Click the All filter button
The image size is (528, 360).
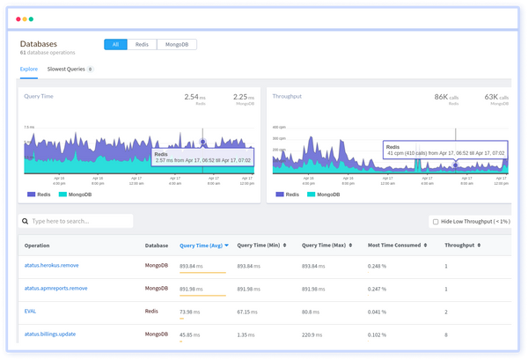click(x=115, y=44)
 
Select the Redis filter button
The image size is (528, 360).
click(x=142, y=44)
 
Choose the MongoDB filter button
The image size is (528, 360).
click(x=176, y=44)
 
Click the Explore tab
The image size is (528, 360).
click(x=30, y=69)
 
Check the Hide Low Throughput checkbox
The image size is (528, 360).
click(x=436, y=222)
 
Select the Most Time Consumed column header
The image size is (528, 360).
click(x=393, y=246)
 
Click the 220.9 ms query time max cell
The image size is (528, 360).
click(x=313, y=334)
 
